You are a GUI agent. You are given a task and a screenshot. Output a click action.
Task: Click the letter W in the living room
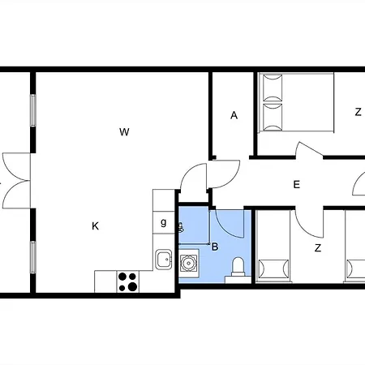[124, 132]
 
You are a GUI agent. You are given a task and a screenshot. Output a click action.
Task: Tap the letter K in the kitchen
[95, 225]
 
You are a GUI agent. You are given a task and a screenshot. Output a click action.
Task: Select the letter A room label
[234, 115]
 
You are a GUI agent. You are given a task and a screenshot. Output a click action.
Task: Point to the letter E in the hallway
[297, 185]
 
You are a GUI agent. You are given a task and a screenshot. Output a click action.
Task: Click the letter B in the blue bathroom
[215, 247]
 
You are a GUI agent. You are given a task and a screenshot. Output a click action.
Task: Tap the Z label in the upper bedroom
[359, 112]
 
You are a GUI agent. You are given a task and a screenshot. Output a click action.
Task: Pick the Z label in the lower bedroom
[318, 247]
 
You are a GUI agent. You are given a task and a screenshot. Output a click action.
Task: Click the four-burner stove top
[128, 281]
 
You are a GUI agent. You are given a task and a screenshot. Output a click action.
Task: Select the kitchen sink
[164, 260]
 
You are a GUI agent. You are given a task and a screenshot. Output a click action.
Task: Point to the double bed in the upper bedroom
[296, 103]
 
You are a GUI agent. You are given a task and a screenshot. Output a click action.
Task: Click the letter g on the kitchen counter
[164, 222]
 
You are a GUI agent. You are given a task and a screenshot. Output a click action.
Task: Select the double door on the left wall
[16, 181]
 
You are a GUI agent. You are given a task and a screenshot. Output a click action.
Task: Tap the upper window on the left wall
[33, 110]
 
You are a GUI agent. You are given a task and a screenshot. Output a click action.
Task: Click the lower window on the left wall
[33, 257]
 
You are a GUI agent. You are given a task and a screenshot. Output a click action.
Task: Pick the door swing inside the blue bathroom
[230, 223]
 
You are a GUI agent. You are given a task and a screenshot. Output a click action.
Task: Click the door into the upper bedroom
[309, 149]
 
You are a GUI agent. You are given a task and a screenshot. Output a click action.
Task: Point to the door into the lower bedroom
[309, 222]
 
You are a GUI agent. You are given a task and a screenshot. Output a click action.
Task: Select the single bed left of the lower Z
[273, 247]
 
